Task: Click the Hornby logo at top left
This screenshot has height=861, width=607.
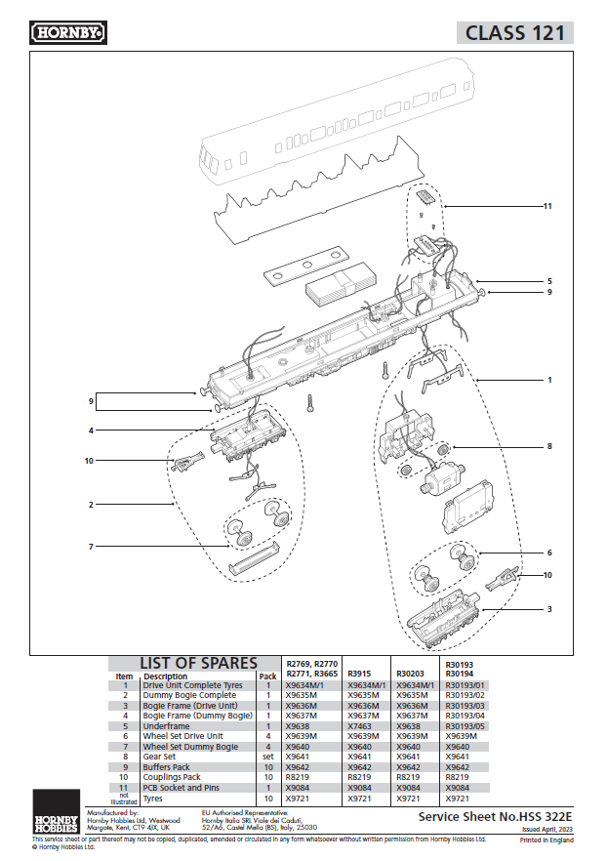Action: (69, 33)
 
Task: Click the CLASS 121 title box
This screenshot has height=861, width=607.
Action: (514, 32)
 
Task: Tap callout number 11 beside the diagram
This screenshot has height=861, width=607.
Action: (548, 207)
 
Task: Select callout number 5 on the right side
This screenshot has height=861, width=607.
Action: (549, 281)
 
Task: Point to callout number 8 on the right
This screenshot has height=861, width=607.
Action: (549, 446)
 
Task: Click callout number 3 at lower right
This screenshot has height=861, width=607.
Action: (549, 608)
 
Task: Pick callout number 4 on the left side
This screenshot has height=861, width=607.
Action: (91, 430)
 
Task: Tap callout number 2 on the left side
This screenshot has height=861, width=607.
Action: (91, 505)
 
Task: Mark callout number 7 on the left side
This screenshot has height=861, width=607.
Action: (91, 546)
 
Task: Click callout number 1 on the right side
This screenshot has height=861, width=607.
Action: (549, 379)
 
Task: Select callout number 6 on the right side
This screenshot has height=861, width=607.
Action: (549, 553)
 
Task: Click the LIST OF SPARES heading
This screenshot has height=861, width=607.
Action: (198, 664)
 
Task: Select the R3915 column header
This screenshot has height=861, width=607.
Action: (361, 674)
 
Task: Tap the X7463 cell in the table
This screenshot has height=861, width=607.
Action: (360, 726)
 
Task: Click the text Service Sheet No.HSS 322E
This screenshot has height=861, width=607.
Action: (495, 815)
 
